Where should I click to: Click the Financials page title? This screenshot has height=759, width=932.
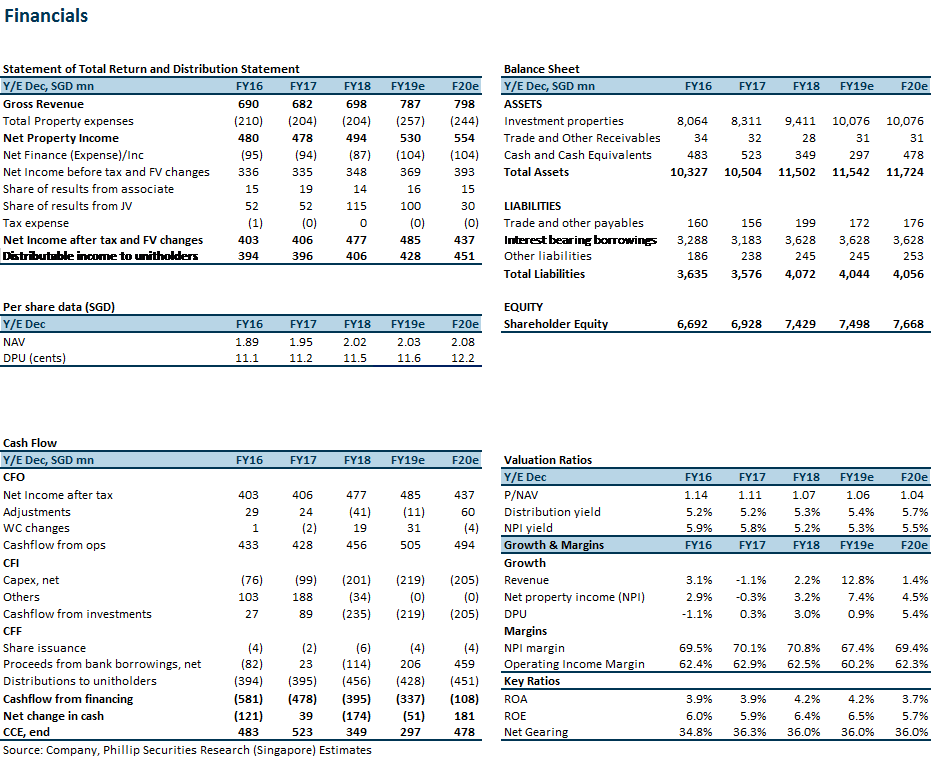46,15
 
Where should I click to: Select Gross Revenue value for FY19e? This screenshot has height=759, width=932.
410,104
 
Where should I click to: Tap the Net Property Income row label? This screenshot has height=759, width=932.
61,138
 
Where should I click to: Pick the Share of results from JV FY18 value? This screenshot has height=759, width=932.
357,206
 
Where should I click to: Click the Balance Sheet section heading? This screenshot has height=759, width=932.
541,69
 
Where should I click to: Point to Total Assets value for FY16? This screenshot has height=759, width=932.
688,172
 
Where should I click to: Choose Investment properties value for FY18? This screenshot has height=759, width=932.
800,121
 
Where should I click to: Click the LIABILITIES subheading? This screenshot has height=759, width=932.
533,206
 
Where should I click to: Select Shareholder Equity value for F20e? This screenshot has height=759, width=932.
908,325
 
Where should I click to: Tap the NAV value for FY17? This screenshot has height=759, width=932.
301,342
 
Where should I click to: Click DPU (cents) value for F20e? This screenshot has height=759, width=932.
463,358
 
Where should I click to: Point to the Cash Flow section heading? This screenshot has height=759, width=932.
30,443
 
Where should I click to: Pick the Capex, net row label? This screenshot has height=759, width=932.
31,580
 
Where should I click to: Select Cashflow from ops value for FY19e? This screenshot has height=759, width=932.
410,545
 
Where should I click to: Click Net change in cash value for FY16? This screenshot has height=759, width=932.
248,716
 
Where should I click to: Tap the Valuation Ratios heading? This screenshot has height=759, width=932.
548,460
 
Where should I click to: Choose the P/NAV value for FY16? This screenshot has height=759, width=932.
696,495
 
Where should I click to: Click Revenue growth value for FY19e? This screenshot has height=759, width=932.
858,580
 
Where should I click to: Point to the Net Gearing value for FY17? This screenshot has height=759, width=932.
750,732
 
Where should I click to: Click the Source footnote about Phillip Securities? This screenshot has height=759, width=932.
187,750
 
